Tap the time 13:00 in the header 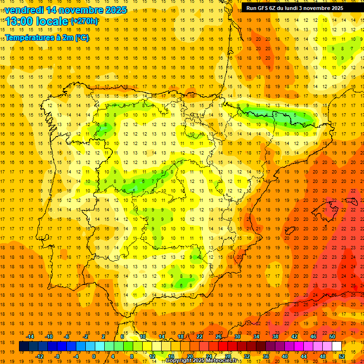point(19,21)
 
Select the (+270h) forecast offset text point(84,21)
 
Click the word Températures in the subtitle point(28,37)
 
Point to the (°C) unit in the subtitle point(82,37)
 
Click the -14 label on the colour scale point(30,337)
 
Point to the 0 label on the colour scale point(93,356)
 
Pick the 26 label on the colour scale point(218,337)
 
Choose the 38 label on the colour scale point(275,337)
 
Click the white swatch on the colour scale point(337,346)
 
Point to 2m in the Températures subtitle point(67,37)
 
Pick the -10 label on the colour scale point(49,337)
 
